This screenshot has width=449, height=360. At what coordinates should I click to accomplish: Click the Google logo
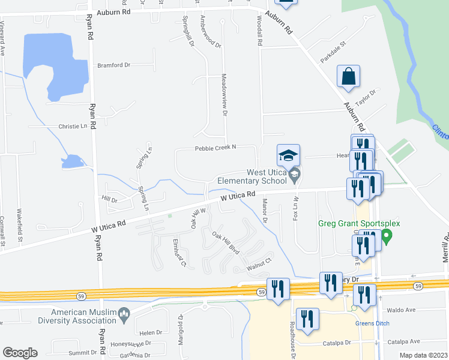pos(20,353)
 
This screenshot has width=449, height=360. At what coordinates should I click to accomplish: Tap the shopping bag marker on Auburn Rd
pos(348,77)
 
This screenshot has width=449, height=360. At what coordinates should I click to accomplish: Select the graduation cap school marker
pos(288,156)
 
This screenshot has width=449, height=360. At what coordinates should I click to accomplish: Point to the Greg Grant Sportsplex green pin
pos(387,236)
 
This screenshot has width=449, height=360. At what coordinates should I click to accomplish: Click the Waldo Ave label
pos(402,310)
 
